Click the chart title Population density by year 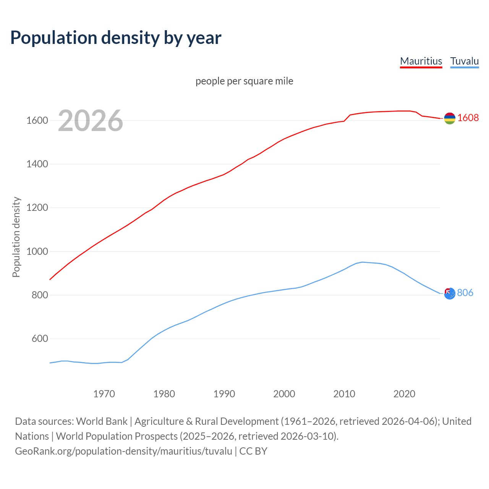116,38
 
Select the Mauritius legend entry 421,61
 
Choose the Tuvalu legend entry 465,61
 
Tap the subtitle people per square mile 244,81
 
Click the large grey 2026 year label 91,121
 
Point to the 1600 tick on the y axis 37,121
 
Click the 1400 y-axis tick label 37,164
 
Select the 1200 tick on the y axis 37,208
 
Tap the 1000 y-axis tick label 37,251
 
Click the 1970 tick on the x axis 104,394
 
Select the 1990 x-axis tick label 224,394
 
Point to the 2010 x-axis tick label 344,394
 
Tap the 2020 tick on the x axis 404,394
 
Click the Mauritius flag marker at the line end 450,118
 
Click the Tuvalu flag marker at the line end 450,293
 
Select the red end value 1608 468,118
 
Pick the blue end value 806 465,293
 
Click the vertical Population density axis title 16,237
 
